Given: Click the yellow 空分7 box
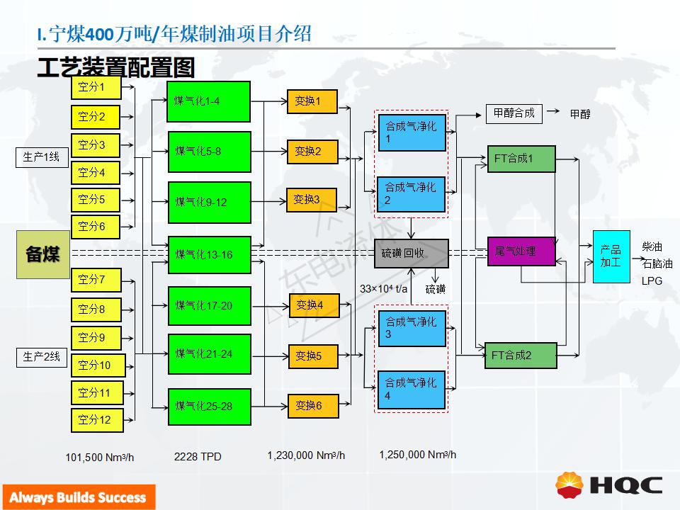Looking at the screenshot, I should coord(96,280).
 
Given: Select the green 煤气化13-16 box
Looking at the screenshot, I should coord(209,255).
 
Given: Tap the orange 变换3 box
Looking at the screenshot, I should coord(311,200).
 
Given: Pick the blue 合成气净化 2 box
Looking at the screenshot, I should coord(412,194).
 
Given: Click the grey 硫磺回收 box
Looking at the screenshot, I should coord(412,253).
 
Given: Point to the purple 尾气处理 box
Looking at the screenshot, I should coord(521,251).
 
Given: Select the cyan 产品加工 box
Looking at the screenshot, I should coord(611,256).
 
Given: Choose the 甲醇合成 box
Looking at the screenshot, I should coord(514,113).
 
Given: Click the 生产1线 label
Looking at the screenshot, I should coord(42,157).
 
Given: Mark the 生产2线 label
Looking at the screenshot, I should coord(42,357).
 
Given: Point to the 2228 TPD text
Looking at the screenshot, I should coord(198,457).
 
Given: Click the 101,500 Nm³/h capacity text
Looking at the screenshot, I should coord(99,458).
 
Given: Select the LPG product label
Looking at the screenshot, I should coord(651,280).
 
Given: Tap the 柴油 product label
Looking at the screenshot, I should coord(652,247).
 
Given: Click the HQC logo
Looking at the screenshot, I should coord(610,484).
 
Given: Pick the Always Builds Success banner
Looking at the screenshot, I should coord(78,497).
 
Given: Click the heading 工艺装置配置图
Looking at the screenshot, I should coord(115,68).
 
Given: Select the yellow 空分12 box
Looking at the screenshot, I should coord(96,420).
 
